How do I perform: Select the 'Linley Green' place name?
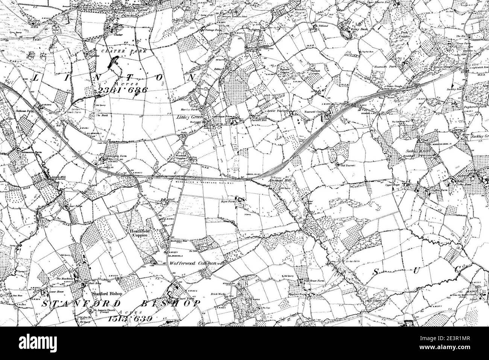[x=190, y=117]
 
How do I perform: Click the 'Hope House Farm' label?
[x=314, y=281]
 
